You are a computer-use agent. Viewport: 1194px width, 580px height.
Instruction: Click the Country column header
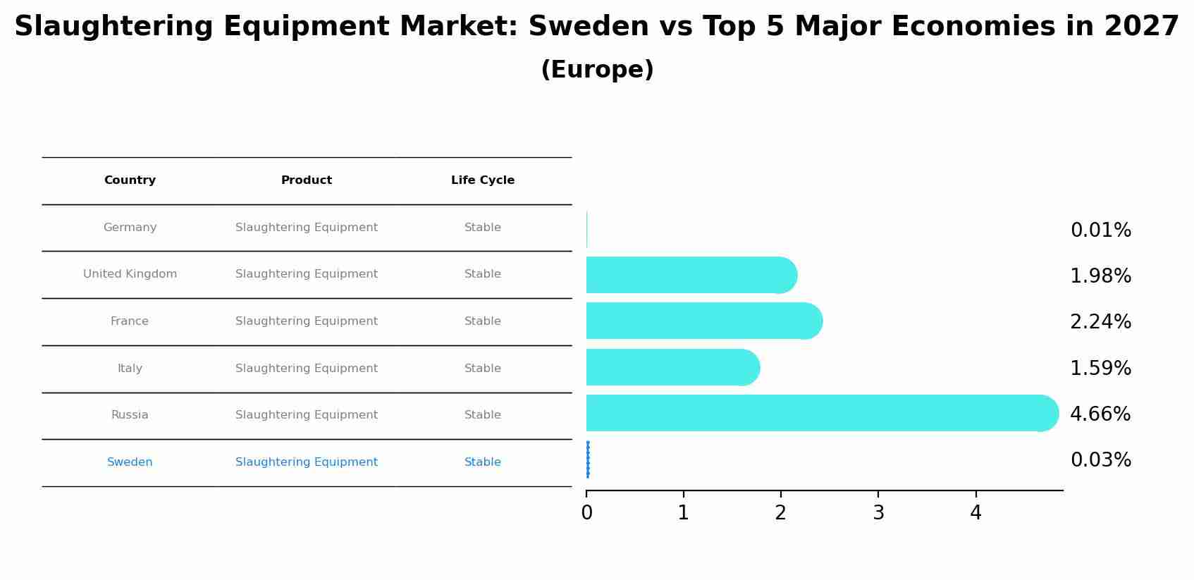[130, 180]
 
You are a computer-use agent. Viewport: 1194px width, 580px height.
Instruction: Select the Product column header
[306, 180]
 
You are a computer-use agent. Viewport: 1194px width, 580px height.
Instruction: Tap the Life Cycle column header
[483, 180]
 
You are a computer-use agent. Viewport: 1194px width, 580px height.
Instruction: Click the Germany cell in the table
[130, 228]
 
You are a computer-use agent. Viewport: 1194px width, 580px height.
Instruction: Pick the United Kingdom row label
[130, 274]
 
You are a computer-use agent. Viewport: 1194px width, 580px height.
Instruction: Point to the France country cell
[130, 321]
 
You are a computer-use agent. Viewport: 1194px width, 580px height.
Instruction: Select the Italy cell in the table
[130, 369]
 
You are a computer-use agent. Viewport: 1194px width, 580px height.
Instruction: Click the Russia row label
[130, 415]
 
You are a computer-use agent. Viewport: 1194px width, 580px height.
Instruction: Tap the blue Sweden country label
[130, 462]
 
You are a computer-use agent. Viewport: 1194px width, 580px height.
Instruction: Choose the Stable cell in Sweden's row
[483, 462]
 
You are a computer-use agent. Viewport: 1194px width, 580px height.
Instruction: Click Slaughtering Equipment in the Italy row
[306, 369]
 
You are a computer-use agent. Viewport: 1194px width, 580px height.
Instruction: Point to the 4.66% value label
[1100, 414]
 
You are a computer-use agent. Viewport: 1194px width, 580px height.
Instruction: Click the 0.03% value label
[1100, 460]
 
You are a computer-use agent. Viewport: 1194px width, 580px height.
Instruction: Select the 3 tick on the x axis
[878, 513]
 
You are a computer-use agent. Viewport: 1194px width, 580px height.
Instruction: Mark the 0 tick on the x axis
[586, 513]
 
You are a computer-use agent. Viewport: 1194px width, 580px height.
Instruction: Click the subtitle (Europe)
[597, 70]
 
